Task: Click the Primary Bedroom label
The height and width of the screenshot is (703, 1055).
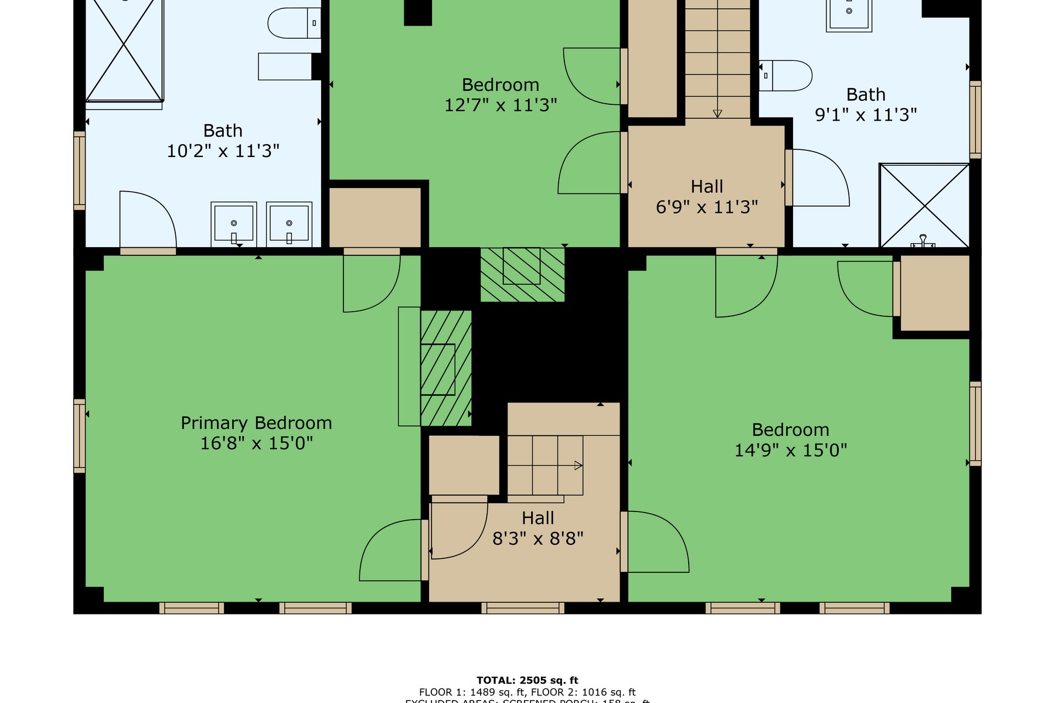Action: tap(256, 423)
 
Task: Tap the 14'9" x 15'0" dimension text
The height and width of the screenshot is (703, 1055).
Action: tap(791, 451)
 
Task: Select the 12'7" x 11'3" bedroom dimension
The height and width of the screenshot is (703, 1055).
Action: tap(500, 105)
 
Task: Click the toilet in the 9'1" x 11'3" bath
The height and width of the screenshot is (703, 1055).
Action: tap(785, 76)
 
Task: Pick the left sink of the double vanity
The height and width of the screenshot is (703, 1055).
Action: tap(234, 224)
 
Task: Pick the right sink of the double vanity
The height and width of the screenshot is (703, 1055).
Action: tap(289, 224)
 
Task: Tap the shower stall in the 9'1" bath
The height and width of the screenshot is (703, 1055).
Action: tap(924, 205)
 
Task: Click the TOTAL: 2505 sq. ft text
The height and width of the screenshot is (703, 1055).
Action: tap(527, 680)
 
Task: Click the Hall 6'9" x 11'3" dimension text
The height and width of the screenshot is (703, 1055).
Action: tap(707, 207)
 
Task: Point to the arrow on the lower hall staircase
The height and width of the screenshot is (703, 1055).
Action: tap(578, 466)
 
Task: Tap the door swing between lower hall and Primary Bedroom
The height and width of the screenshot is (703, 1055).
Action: tap(392, 551)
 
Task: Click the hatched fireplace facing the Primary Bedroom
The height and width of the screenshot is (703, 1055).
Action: tap(446, 368)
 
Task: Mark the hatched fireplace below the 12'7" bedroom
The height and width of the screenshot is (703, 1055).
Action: tap(522, 274)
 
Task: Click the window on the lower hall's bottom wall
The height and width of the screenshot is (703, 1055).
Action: tap(523, 608)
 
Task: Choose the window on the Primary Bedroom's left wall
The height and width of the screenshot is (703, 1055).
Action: tap(79, 435)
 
